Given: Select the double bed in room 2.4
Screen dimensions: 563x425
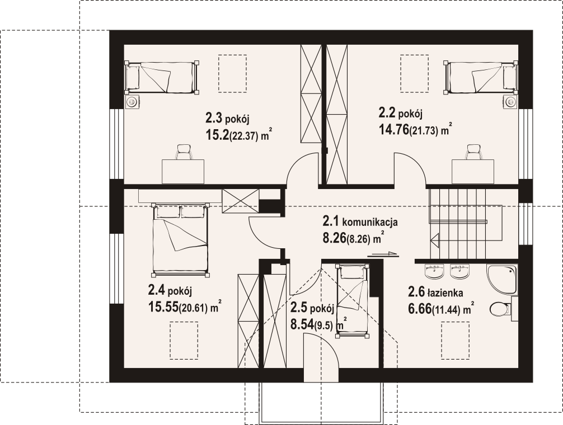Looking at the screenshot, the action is (x=181, y=239).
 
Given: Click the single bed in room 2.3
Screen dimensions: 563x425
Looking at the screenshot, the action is (x=162, y=77).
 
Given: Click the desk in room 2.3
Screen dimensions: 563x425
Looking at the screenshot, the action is (x=183, y=172).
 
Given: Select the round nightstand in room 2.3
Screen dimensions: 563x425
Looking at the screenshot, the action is (x=133, y=102).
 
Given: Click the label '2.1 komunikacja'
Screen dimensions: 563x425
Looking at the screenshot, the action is (x=360, y=222).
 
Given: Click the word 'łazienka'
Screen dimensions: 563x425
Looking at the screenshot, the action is (x=445, y=294).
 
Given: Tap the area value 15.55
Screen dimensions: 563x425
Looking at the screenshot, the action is (x=163, y=307).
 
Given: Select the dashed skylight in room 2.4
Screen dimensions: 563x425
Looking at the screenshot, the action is (x=184, y=341).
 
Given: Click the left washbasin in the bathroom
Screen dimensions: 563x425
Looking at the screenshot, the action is (x=434, y=271).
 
